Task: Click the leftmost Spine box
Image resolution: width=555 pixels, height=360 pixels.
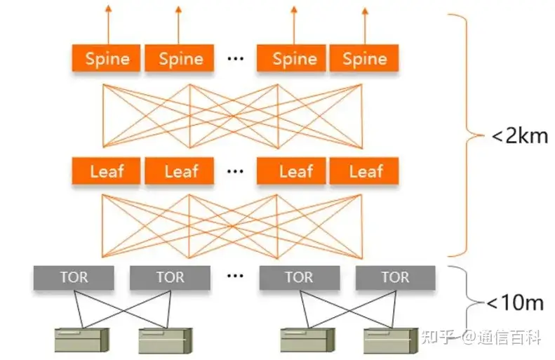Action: [x=107, y=58]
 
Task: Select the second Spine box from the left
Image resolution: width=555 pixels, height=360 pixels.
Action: [x=180, y=58]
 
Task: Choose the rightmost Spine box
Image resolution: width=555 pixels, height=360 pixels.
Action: [x=364, y=58]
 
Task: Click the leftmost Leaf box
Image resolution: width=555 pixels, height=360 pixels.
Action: [x=107, y=171]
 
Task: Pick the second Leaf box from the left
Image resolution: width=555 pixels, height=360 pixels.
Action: [x=180, y=171]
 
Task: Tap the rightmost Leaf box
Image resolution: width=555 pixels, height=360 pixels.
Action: [x=364, y=171]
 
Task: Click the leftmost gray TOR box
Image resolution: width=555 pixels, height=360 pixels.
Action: [x=74, y=277]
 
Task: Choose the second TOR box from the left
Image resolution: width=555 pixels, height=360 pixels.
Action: [x=170, y=277]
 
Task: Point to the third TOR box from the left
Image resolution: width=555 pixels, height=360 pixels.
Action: [x=299, y=277]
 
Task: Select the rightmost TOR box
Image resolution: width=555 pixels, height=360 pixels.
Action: [x=395, y=277]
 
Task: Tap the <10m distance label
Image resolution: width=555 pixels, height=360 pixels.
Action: [x=516, y=303]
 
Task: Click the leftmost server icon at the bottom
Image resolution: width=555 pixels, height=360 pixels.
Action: [x=83, y=340]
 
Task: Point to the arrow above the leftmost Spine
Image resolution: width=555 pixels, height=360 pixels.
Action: [x=107, y=24]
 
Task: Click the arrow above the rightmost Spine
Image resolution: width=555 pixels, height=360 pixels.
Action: [x=364, y=24]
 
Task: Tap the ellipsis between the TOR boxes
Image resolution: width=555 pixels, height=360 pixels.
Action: [x=235, y=276]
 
